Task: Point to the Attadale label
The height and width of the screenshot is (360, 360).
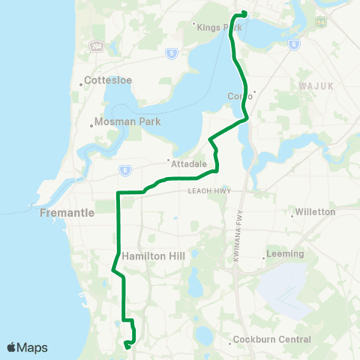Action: tap(183, 161)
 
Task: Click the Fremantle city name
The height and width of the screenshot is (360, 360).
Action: tap(67, 212)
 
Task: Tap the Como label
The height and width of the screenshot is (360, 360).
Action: tap(238, 96)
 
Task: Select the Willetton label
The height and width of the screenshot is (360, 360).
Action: tap(316, 212)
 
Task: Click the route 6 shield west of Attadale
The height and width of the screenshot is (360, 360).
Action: tap(121, 169)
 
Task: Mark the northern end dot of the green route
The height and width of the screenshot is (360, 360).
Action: tap(244, 13)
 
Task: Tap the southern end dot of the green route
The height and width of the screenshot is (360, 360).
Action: tap(127, 346)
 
